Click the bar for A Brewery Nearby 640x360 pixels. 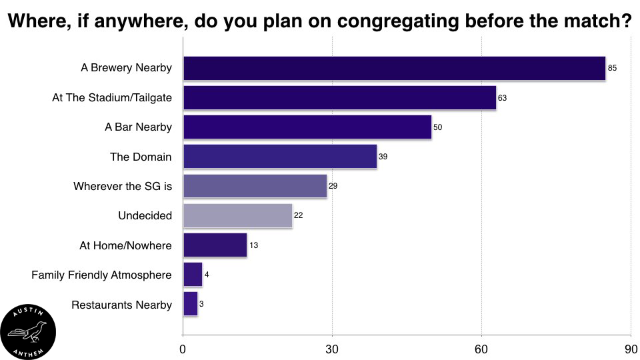pos(393,68)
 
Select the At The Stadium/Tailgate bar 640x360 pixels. pos(339,97)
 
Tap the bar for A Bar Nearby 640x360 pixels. pos(307,127)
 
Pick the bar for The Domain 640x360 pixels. pos(279,157)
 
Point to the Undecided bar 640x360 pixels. pos(237,215)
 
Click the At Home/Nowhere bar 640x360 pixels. pos(215,245)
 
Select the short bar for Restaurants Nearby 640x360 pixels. pos(190,304)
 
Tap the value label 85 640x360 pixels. pos(612,68)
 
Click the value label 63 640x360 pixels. pos(502,98)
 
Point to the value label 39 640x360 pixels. pos(383,157)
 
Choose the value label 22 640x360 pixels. pos(298,216)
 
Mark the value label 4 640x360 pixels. pos(207,275)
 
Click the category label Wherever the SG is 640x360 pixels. pos(123,186)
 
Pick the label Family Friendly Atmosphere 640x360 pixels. pos(101,275)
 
